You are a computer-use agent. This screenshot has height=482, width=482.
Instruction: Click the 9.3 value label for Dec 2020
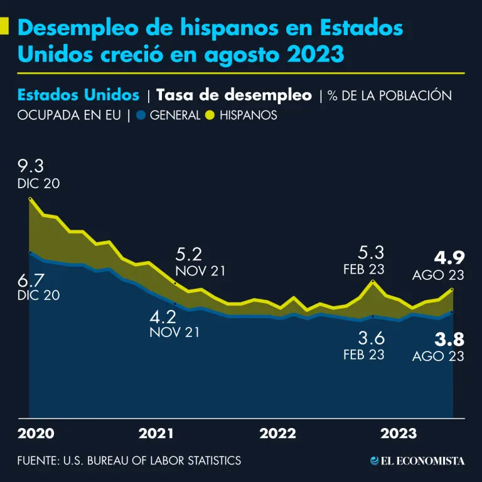tap(32, 167)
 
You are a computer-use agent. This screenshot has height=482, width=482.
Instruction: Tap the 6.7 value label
tap(31, 279)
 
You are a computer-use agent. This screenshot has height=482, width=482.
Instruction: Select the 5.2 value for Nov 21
tap(189, 255)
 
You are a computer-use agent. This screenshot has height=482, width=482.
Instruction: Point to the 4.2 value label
tap(163, 316)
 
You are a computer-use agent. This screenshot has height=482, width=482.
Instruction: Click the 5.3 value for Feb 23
tap(370, 253)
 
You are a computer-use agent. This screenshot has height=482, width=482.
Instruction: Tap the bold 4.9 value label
tap(449, 259)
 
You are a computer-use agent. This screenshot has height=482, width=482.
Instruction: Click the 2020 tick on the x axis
tap(36, 434)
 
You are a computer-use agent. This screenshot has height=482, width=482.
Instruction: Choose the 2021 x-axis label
tap(156, 434)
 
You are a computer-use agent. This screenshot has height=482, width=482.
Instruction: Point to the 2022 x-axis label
tap(277, 434)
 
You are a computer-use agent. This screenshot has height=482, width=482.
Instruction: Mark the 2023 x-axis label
tap(399, 434)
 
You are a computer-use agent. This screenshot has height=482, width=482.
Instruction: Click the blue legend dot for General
tap(142, 115)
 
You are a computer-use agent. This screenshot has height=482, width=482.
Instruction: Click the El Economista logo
tap(417, 461)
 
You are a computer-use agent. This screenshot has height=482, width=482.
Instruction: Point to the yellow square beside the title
tap(4, 26)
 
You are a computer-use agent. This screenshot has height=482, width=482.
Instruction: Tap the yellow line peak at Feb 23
tap(373, 282)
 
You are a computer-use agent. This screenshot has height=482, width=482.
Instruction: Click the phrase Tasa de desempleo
tap(233, 95)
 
